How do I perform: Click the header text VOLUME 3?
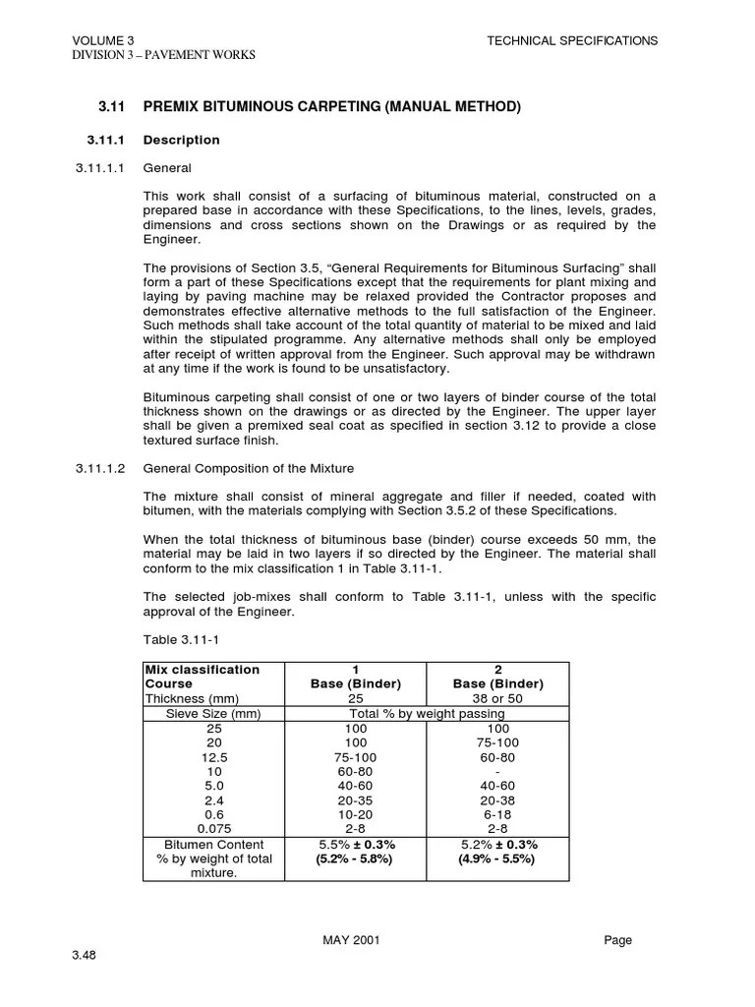pyautogui.click(x=103, y=40)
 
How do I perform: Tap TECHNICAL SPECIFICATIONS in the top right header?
pyautogui.click(x=572, y=40)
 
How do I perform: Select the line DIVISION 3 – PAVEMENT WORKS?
pyautogui.click(x=163, y=55)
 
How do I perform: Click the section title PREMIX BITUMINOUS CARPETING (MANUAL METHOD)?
pyautogui.click(x=331, y=106)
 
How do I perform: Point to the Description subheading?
pyautogui.click(x=182, y=140)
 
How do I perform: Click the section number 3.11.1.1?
pyautogui.click(x=101, y=168)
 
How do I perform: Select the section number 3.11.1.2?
pyautogui.click(x=101, y=468)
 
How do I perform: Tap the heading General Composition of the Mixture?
pyautogui.click(x=249, y=468)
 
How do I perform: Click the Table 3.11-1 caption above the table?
pyautogui.click(x=178, y=640)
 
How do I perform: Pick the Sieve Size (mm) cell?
pyautogui.click(x=213, y=713)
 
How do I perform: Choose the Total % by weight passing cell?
pyautogui.click(x=428, y=713)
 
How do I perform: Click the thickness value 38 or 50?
pyautogui.click(x=497, y=698)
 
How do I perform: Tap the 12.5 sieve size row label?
pyautogui.click(x=213, y=757)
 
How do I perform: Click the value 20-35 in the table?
pyautogui.click(x=355, y=801)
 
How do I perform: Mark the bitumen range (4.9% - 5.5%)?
pyautogui.click(x=497, y=859)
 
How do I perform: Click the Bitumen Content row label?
pyautogui.click(x=213, y=845)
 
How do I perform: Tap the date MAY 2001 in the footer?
pyautogui.click(x=351, y=940)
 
